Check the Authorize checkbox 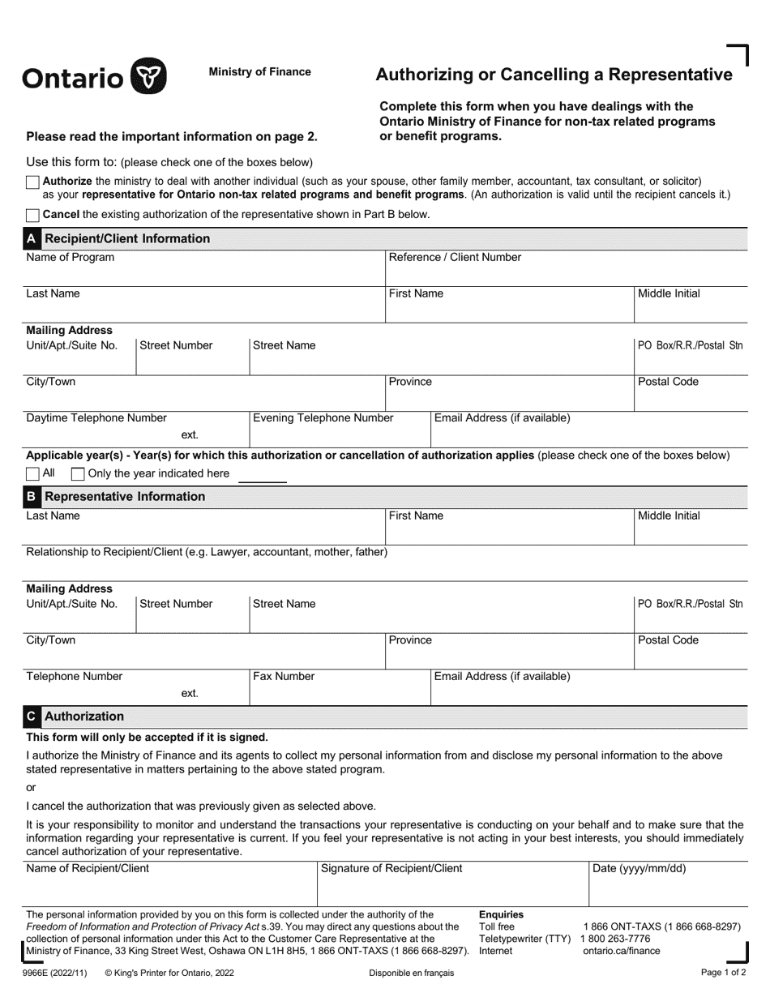(32, 182)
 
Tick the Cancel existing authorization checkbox (32, 215)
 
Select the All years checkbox (32, 473)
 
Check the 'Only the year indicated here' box (78, 473)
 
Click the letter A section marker (32, 239)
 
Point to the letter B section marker (32, 496)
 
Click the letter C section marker (32, 717)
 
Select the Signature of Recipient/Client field (451, 885)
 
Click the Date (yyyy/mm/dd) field (667, 885)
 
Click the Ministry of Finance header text (259, 72)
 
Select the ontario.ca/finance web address (622, 951)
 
